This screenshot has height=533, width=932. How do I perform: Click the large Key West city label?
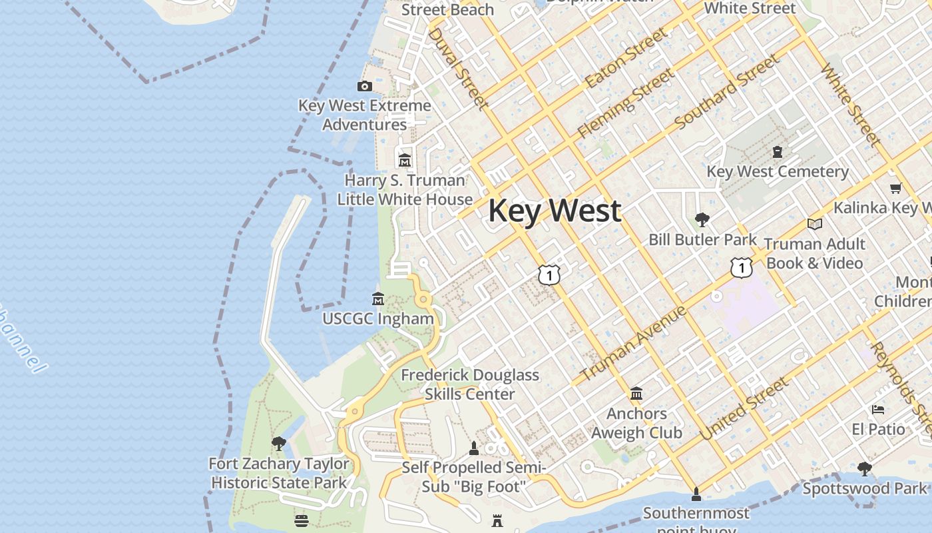pyautogui.click(x=555, y=211)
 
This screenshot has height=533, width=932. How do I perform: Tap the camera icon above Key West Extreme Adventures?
pyautogui.click(x=364, y=86)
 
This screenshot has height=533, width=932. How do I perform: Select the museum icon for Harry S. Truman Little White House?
pyautogui.click(x=405, y=161)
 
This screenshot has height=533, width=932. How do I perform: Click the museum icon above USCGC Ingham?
pyautogui.click(x=378, y=298)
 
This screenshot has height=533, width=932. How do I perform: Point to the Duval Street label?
pyautogui.click(x=459, y=67)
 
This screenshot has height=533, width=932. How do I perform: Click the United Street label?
pyautogui.click(x=744, y=408)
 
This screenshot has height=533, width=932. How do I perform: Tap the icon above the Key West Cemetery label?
pyautogui.click(x=777, y=152)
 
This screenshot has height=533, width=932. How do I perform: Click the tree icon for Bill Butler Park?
pyautogui.click(x=702, y=220)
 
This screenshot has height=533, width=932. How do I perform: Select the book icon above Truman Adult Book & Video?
pyautogui.click(x=814, y=224)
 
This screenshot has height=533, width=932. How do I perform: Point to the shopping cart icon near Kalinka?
pyautogui.click(x=895, y=189)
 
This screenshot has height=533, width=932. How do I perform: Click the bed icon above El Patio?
pyautogui.click(x=878, y=409)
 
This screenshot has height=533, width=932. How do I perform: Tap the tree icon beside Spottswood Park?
pyautogui.click(x=864, y=469)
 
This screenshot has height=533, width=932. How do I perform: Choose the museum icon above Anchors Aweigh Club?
pyautogui.click(x=636, y=394)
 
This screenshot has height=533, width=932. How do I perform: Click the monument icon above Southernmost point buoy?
pyautogui.click(x=696, y=494)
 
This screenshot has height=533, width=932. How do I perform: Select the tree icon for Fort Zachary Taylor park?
pyautogui.click(x=278, y=444)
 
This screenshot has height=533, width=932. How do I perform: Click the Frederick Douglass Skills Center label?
pyautogui.click(x=470, y=384)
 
